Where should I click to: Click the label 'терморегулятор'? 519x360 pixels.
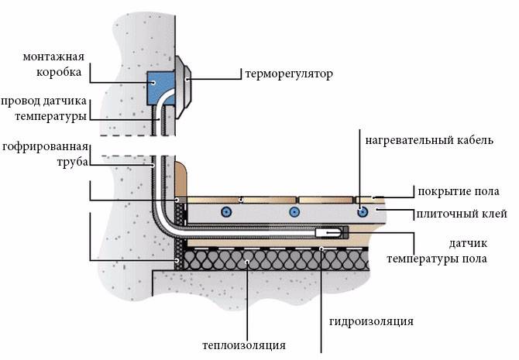pos(289,74)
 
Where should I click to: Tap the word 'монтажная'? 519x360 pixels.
pos(53,57)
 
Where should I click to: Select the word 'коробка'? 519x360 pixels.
pos(59,72)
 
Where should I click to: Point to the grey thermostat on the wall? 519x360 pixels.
pos(183,87)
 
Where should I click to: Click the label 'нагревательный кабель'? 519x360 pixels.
pos(429,140)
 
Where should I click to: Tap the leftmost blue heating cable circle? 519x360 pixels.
pos(226,212)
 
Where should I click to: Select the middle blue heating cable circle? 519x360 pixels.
pos(294,212)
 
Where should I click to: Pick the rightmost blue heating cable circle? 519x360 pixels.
pos(363,212)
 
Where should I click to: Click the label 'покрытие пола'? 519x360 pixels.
pos(459,191)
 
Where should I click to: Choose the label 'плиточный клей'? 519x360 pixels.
pos(462,214)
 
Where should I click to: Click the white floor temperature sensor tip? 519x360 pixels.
pos(328,232)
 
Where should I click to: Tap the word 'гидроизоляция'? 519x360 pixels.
pos(371,321)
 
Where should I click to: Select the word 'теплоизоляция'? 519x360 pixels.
pos(244,345)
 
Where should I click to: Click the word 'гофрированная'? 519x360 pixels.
pos(45,146)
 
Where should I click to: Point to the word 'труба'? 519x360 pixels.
pos(73,163)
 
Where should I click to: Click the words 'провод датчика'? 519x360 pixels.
pos(43,101)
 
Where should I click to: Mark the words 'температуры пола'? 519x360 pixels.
pos(437,259)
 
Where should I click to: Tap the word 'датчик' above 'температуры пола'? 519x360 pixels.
pos(468,244)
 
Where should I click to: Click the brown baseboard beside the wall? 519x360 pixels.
pos(180,180)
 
